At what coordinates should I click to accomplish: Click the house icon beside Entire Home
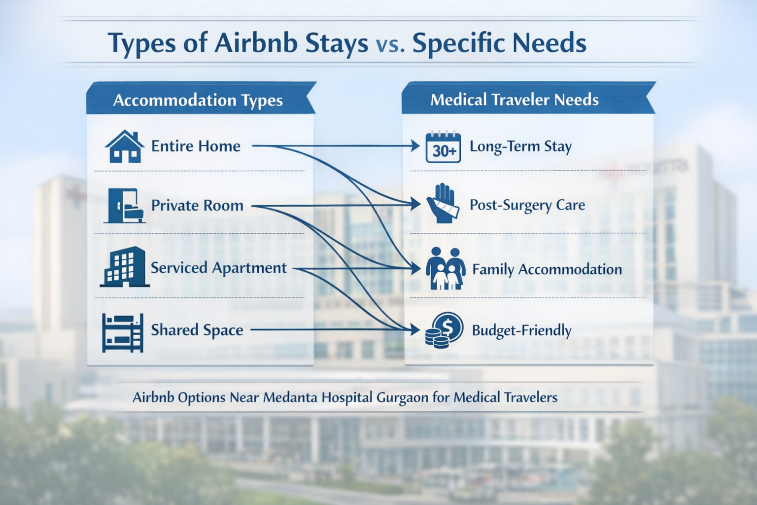click(125, 146)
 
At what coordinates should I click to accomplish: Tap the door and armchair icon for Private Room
click(125, 206)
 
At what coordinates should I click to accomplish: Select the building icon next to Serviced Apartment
click(125, 267)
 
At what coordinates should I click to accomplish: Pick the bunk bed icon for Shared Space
click(123, 332)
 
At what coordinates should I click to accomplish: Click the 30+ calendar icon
click(443, 147)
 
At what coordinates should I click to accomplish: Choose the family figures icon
click(446, 268)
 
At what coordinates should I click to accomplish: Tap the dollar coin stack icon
click(444, 330)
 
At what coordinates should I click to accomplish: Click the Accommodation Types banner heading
click(198, 100)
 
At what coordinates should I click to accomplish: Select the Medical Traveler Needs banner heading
click(514, 100)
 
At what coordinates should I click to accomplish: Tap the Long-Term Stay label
click(520, 146)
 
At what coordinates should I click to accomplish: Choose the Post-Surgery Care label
click(527, 205)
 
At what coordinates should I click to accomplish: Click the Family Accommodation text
click(547, 269)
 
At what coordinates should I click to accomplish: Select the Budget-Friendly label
click(521, 330)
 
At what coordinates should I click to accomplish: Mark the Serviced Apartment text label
click(218, 268)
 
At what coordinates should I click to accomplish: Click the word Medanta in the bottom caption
click(291, 397)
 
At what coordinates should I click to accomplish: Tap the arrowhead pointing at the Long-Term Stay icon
click(415, 146)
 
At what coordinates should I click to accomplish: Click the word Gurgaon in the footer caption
click(402, 398)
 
